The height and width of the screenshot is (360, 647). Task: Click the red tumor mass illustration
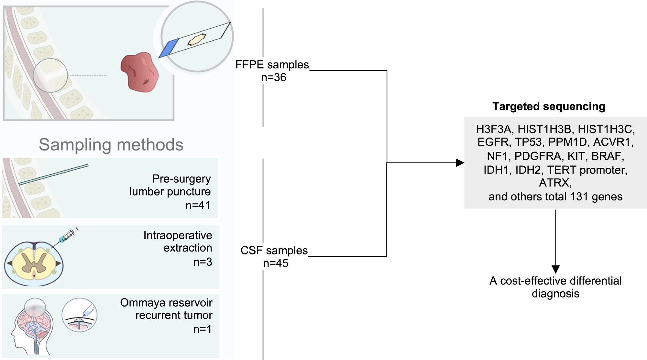click(140, 73)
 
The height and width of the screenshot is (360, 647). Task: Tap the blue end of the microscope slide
click(169, 48)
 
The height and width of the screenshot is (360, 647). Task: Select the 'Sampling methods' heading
click(111, 145)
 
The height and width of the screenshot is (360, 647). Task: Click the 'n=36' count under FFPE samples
click(274, 78)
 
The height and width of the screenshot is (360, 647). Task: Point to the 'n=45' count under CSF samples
click(276, 264)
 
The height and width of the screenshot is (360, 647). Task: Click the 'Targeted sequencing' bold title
click(549, 107)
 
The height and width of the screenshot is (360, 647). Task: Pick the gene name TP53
click(528, 142)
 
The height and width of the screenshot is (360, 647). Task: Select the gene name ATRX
click(555, 183)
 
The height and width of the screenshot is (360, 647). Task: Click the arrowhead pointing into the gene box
click(460, 163)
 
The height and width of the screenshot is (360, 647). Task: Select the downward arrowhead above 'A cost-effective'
click(555, 269)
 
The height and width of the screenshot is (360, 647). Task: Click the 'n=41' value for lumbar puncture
click(198, 205)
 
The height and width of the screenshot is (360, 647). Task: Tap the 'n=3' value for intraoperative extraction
click(203, 262)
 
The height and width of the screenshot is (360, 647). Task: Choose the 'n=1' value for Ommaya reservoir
click(203, 329)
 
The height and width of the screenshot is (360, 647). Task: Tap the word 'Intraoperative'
click(178, 235)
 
